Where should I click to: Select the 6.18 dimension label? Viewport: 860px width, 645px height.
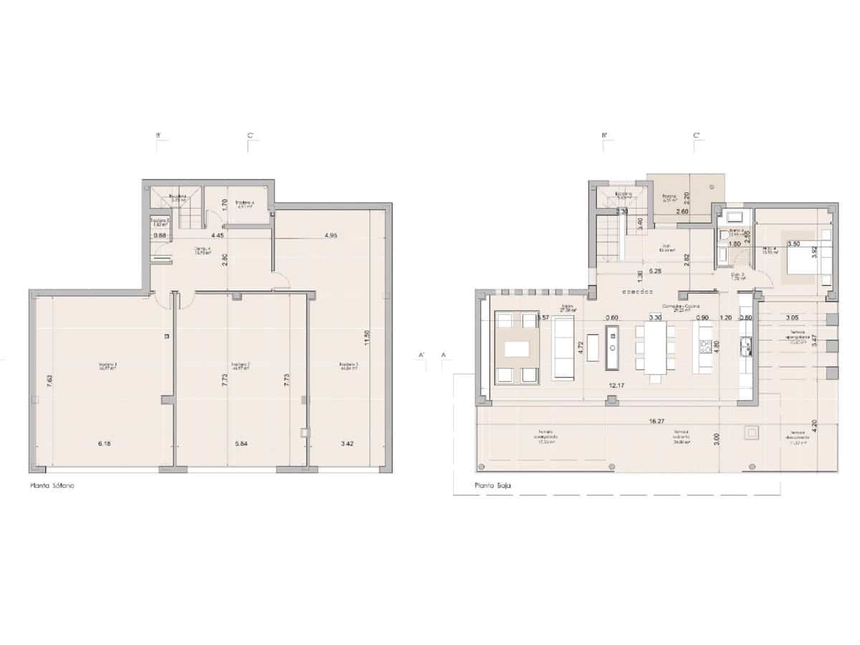tap(105, 444)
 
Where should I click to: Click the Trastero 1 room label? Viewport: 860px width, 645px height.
tap(108, 367)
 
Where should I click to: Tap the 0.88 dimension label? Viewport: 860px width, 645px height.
tap(160, 234)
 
